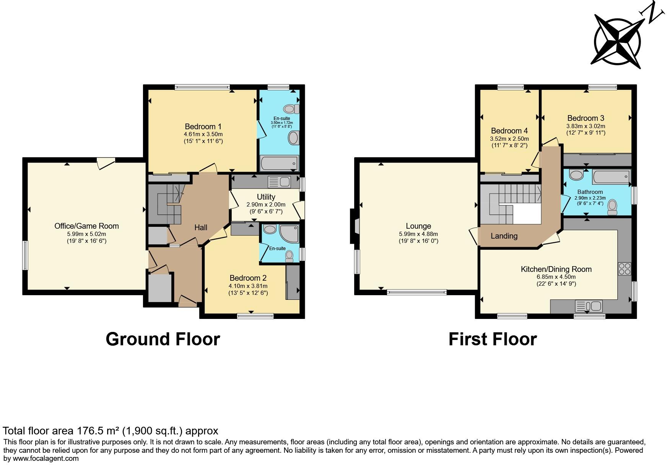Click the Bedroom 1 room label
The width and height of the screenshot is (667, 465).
click(x=203, y=127)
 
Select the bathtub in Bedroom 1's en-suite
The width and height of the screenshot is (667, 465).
click(x=279, y=163)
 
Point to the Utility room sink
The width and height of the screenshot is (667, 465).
click(x=279, y=182)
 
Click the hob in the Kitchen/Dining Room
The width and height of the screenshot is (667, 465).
click(x=624, y=268)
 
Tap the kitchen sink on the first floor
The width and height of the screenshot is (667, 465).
click(x=589, y=306)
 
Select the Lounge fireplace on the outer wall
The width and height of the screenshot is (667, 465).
click(x=353, y=226)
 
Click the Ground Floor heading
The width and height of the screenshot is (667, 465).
click(x=163, y=339)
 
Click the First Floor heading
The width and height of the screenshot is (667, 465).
click(x=492, y=339)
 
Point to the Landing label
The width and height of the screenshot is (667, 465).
click(x=504, y=236)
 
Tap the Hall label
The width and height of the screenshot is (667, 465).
click(x=201, y=228)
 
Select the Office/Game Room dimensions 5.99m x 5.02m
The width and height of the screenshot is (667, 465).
click(x=86, y=234)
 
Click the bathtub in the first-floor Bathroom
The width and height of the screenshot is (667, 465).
click(x=611, y=177)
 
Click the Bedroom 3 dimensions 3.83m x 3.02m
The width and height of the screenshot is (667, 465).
click(x=586, y=126)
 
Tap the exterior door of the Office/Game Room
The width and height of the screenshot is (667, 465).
click(x=106, y=163)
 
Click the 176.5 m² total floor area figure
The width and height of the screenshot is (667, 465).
click(x=98, y=431)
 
